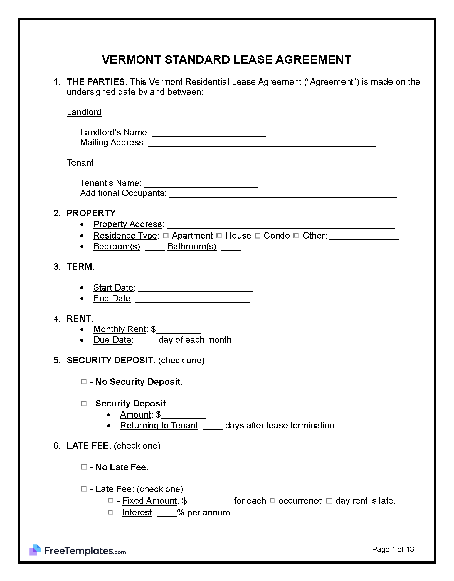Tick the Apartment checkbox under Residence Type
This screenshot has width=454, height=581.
[x=166, y=235]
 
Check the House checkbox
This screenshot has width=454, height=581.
[x=219, y=235]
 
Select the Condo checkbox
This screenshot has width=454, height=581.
[x=258, y=235]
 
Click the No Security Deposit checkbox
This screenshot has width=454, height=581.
[x=84, y=382]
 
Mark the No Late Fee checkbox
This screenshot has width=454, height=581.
[x=84, y=467]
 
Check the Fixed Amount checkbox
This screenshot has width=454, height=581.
[x=110, y=501]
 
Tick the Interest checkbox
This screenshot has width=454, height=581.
[x=110, y=512]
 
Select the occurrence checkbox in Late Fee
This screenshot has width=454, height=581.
[x=273, y=501]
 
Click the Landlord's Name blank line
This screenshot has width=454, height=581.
[x=209, y=133]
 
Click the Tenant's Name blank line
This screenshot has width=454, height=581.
[x=201, y=184]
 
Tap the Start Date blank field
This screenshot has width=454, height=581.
[x=195, y=289]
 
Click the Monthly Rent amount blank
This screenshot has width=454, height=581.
[x=178, y=330]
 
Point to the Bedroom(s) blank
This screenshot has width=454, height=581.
[x=155, y=247]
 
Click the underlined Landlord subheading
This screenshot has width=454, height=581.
[x=84, y=112]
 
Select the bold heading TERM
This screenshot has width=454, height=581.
[x=80, y=267]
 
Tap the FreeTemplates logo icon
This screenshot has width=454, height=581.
[x=35, y=550]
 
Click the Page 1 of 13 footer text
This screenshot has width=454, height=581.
[x=393, y=549]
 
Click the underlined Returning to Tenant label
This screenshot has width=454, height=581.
[x=159, y=426]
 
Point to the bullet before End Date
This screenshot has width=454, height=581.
[x=82, y=299]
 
